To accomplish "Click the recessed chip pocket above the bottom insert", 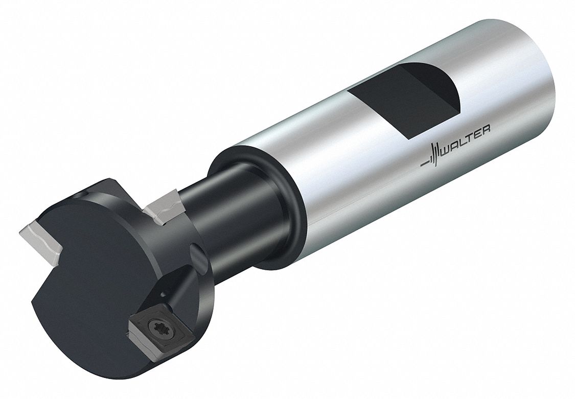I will pyautogui.click(x=179, y=286).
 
